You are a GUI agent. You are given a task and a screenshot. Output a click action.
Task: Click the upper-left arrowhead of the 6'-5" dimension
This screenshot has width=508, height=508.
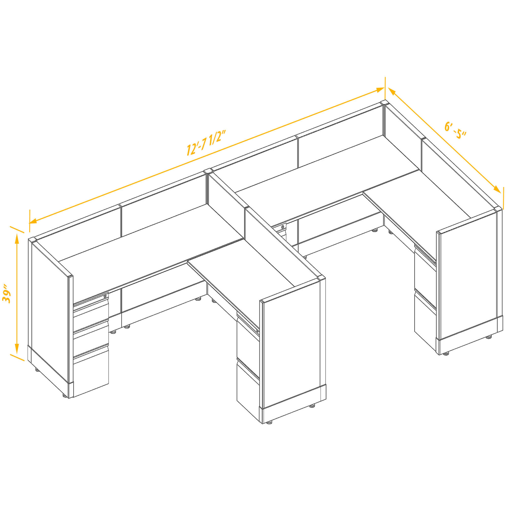click(392, 92)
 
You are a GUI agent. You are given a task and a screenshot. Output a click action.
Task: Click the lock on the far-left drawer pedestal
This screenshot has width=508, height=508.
click(105, 296)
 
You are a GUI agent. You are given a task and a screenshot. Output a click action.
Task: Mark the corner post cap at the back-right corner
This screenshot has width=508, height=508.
click(384, 103)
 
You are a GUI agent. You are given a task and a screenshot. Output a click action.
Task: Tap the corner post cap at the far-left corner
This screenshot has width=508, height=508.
click(33, 240)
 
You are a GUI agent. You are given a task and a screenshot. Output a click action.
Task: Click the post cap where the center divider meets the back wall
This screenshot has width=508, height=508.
click(208, 171)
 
